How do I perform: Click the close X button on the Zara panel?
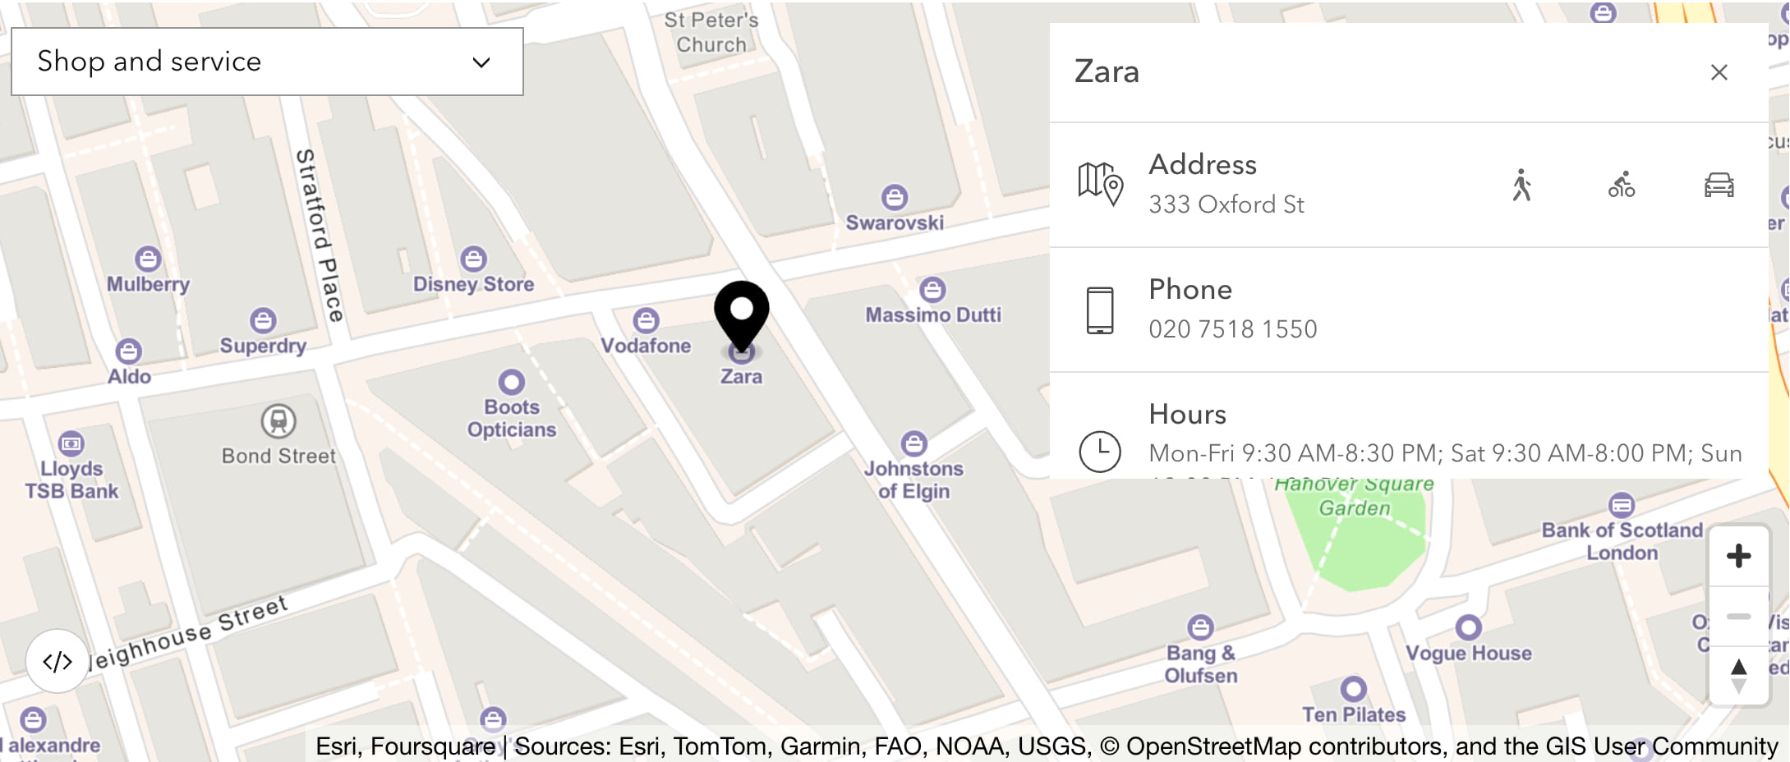click(x=1719, y=72)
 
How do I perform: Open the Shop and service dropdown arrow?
click(x=481, y=62)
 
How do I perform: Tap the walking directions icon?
click(x=1522, y=185)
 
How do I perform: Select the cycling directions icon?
click(x=1621, y=185)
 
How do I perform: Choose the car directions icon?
click(x=1719, y=185)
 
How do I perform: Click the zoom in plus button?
click(x=1738, y=556)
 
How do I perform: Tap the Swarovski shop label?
click(x=895, y=223)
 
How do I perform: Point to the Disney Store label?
click(x=473, y=284)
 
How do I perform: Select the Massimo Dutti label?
click(x=933, y=314)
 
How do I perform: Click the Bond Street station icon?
click(x=278, y=421)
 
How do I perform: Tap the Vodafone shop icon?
click(x=646, y=320)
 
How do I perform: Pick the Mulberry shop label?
click(x=148, y=284)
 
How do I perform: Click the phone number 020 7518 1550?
click(x=1232, y=329)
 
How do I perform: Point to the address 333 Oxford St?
click(x=1226, y=204)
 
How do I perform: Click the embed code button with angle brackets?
click(x=58, y=661)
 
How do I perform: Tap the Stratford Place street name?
click(x=320, y=235)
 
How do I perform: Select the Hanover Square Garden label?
click(x=1355, y=496)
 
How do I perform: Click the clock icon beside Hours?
click(x=1100, y=451)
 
